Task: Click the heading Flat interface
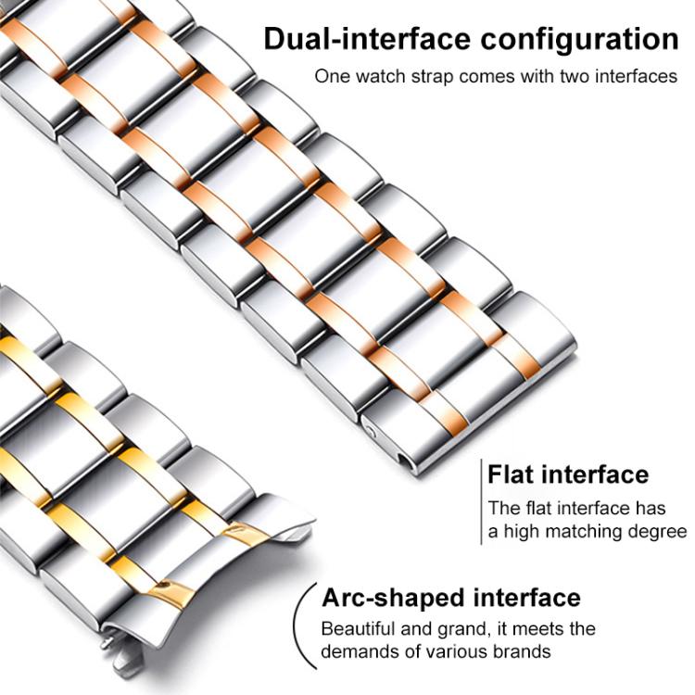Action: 568,474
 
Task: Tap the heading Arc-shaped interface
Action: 450,597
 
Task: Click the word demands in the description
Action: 357,651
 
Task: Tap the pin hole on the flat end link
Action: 373,431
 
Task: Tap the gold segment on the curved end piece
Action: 171,590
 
